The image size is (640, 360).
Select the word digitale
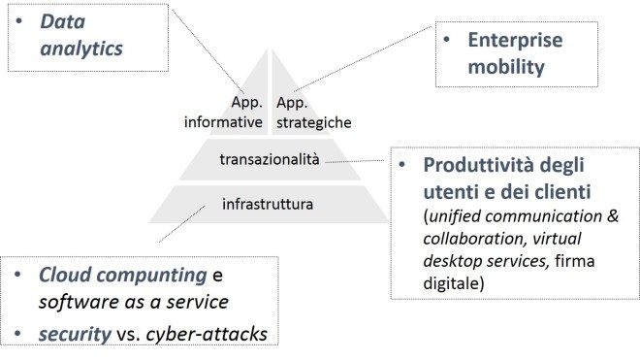coord(456,284)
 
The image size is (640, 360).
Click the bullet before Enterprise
coord(445,41)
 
